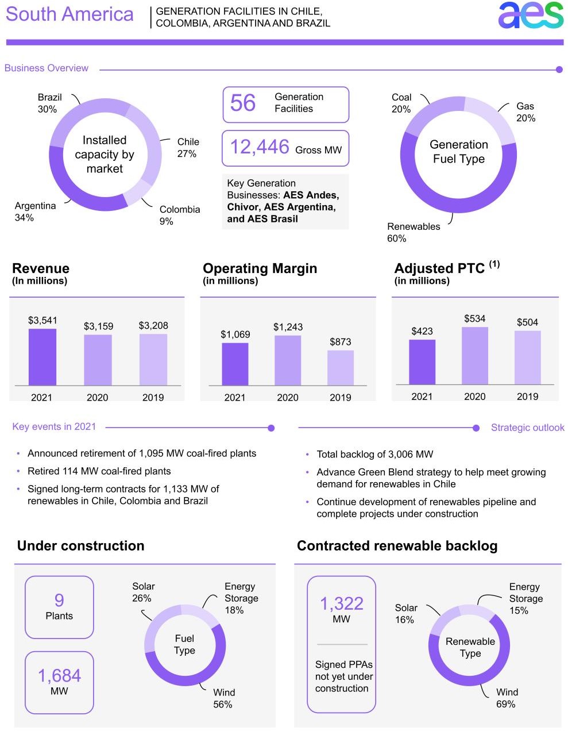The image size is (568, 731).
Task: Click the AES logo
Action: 530,16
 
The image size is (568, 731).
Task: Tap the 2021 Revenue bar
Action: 42,357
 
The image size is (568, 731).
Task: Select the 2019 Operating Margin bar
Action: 341,368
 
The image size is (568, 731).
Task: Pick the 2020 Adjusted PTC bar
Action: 475,356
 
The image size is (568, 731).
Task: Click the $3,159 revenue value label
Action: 98,326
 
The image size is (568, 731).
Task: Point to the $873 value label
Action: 341,342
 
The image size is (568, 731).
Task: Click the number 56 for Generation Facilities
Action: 243,103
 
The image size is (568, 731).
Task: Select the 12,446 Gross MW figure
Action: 260,148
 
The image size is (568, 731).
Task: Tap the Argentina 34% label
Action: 35,211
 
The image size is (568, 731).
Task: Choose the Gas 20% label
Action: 526,112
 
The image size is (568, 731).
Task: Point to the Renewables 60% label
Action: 414,232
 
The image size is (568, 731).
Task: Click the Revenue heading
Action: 41,268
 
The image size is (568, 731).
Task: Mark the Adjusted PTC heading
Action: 439,268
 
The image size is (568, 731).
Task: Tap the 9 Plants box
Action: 59,607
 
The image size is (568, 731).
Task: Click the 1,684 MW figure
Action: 59,676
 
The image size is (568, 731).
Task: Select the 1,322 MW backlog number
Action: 341,604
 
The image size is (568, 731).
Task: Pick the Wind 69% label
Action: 507,698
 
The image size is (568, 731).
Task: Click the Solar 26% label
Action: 143,592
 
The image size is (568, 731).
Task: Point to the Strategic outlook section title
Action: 527,428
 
